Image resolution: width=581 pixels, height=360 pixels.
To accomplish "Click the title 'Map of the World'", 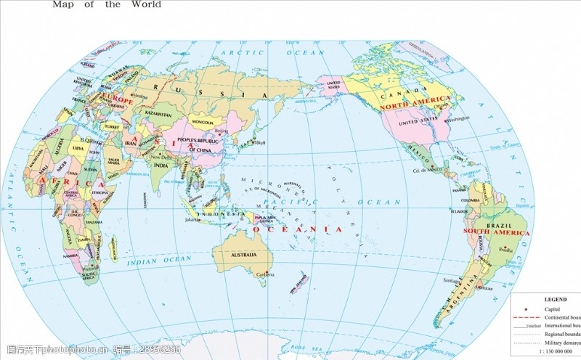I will pos(107,4).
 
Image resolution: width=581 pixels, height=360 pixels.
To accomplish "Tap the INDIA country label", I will pos(161,165).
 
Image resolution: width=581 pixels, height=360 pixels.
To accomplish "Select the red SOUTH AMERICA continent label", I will pos(497,234).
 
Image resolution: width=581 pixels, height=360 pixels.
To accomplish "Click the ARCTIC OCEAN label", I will pos(272,53).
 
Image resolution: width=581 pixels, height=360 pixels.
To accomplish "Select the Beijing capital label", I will pos(222,132).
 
